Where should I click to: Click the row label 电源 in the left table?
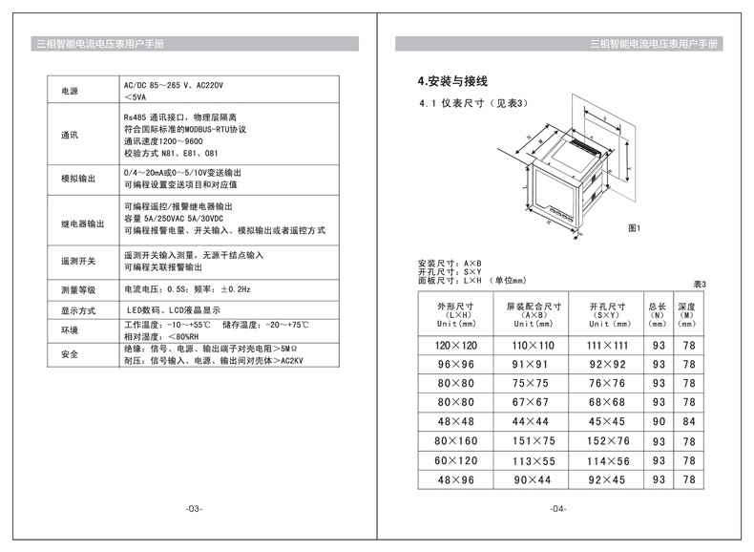tap(70, 92)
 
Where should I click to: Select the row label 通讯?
tap(70, 135)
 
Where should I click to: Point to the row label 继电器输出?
tap(82, 224)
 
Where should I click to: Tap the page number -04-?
tap(558, 508)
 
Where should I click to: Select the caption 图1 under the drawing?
tap(634, 229)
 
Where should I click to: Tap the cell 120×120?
tap(455, 344)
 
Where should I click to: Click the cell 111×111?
tap(607, 344)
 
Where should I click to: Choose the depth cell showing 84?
tap(688, 421)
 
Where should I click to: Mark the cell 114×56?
tap(607, 460)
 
